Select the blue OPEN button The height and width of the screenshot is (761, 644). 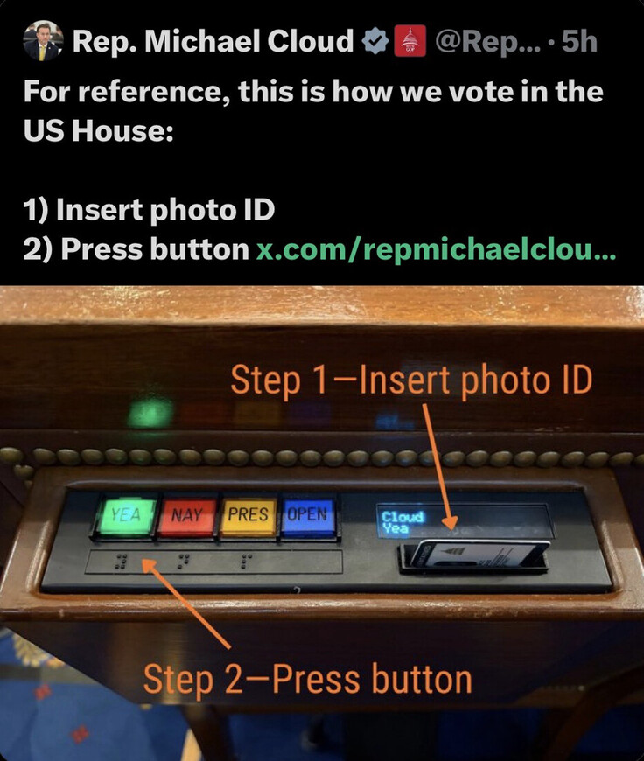pyautogui.click(x=308, y=515)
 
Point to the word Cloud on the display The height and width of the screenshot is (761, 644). pyautogui.click(x=402, y=516)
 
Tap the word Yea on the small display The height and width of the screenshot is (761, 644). pyautogui.click(x=395, y=527)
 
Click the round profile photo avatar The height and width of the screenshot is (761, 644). pyautogui.click(x=43, y=41)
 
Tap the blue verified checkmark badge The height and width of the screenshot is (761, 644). pyautogui.click(x=375, y=41)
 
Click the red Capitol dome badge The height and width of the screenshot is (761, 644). pyautogui.click(x=410, y=41)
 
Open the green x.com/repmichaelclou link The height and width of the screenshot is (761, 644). pyautogui.click(x=436, y=250)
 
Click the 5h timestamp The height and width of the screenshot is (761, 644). pyautogui.click(x=579, y=41)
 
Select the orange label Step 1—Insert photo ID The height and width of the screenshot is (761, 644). pyautogui.click(x=411, y=380)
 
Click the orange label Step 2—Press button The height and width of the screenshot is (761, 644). pyautogui.click(x=307, y=679)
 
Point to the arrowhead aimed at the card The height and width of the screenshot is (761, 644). pyautogui.click(x=450, y=523)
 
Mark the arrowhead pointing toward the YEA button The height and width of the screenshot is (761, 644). pyautogui.click(x=147, y=565)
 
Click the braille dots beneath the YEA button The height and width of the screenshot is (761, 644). pyautogui.click(x=121, y=562)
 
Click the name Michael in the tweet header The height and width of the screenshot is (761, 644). pyautogui.click(x=202, y=41)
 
